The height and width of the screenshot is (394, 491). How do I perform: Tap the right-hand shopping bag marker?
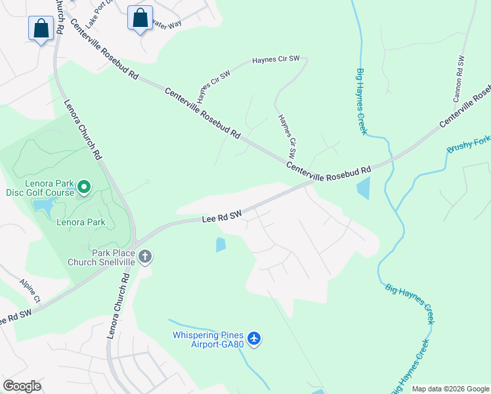(140, 18)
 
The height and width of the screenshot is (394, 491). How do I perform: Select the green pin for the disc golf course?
(83, 188)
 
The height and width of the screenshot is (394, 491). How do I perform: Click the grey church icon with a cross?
(145, 257)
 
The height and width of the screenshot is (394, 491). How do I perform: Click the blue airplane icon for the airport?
(254, 339)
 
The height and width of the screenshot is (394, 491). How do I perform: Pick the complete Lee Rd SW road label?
(222, 216)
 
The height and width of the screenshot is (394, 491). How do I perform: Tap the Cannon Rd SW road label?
(459, 77)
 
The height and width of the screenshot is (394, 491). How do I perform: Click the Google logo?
(22, 386)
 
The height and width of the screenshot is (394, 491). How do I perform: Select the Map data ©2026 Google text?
(450, 389)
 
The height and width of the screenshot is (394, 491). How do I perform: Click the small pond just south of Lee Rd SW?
(221, 245)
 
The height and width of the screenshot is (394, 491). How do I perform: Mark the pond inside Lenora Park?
(43, 208)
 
